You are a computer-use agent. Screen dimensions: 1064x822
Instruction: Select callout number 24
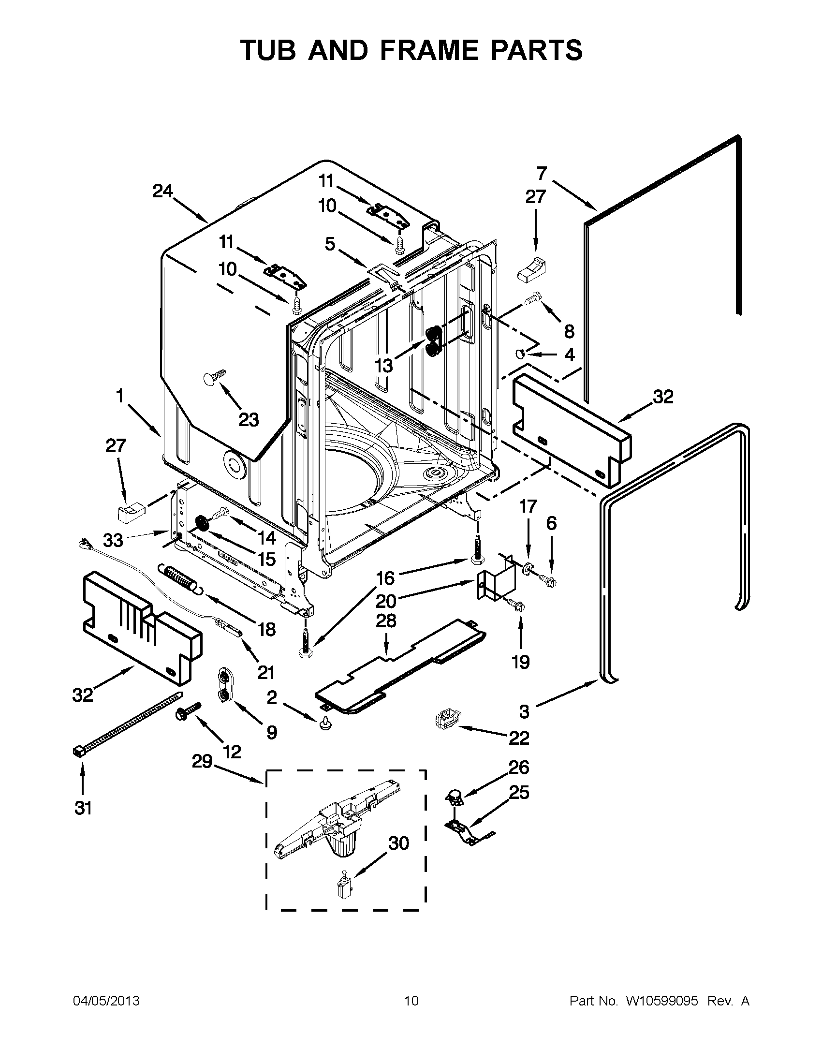162,192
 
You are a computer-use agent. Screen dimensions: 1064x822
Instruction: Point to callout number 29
202,761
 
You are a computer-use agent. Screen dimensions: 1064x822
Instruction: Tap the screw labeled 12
188,713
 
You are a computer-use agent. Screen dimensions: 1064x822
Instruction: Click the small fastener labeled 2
324,725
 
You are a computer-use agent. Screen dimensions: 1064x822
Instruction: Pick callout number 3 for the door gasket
524,712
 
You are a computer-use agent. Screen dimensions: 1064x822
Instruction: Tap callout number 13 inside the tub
384,365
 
